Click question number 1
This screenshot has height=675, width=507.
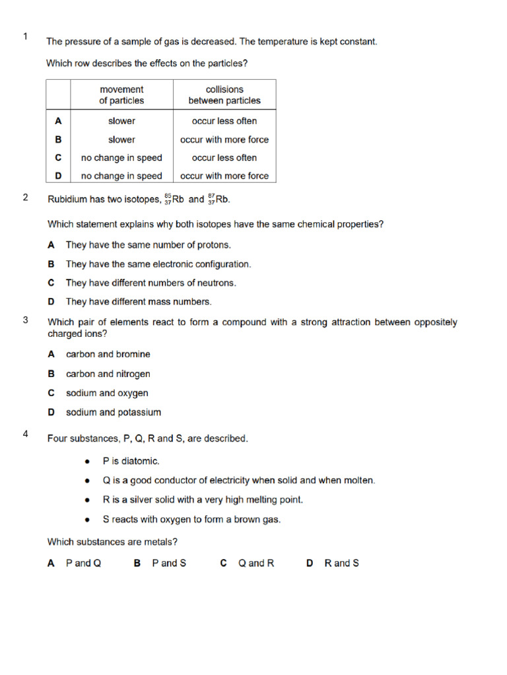click(x=25, y=37)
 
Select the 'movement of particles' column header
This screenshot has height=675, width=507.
click(x=121, y=95)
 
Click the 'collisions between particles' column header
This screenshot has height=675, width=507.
click(x=224, y=95)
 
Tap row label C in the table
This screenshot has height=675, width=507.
click(x=58, y=158)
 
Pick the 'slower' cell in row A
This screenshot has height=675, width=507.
click(x=121, y=121)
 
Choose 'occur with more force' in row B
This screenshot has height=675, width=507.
click(x=224, y=140)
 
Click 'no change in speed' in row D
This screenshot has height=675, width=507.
click(x=121, y=176)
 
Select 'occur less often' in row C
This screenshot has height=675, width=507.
click(x=224, y=158)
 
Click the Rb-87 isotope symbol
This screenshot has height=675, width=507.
click(x=219, y=199)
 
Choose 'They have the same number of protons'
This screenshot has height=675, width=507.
click(x=148, y=245)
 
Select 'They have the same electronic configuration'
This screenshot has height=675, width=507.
click(x=158, y=264)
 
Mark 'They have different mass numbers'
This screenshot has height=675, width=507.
click(x=139, y=302)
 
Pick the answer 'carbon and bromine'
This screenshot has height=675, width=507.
click(x=108, y=354)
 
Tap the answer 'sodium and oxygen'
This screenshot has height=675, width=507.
click(x=107, y=393)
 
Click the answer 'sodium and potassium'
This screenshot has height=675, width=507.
click(x=113, y=413)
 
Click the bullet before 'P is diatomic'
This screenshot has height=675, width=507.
click(x=88, y=461)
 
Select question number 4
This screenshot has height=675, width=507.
click(x=25, y=434)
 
